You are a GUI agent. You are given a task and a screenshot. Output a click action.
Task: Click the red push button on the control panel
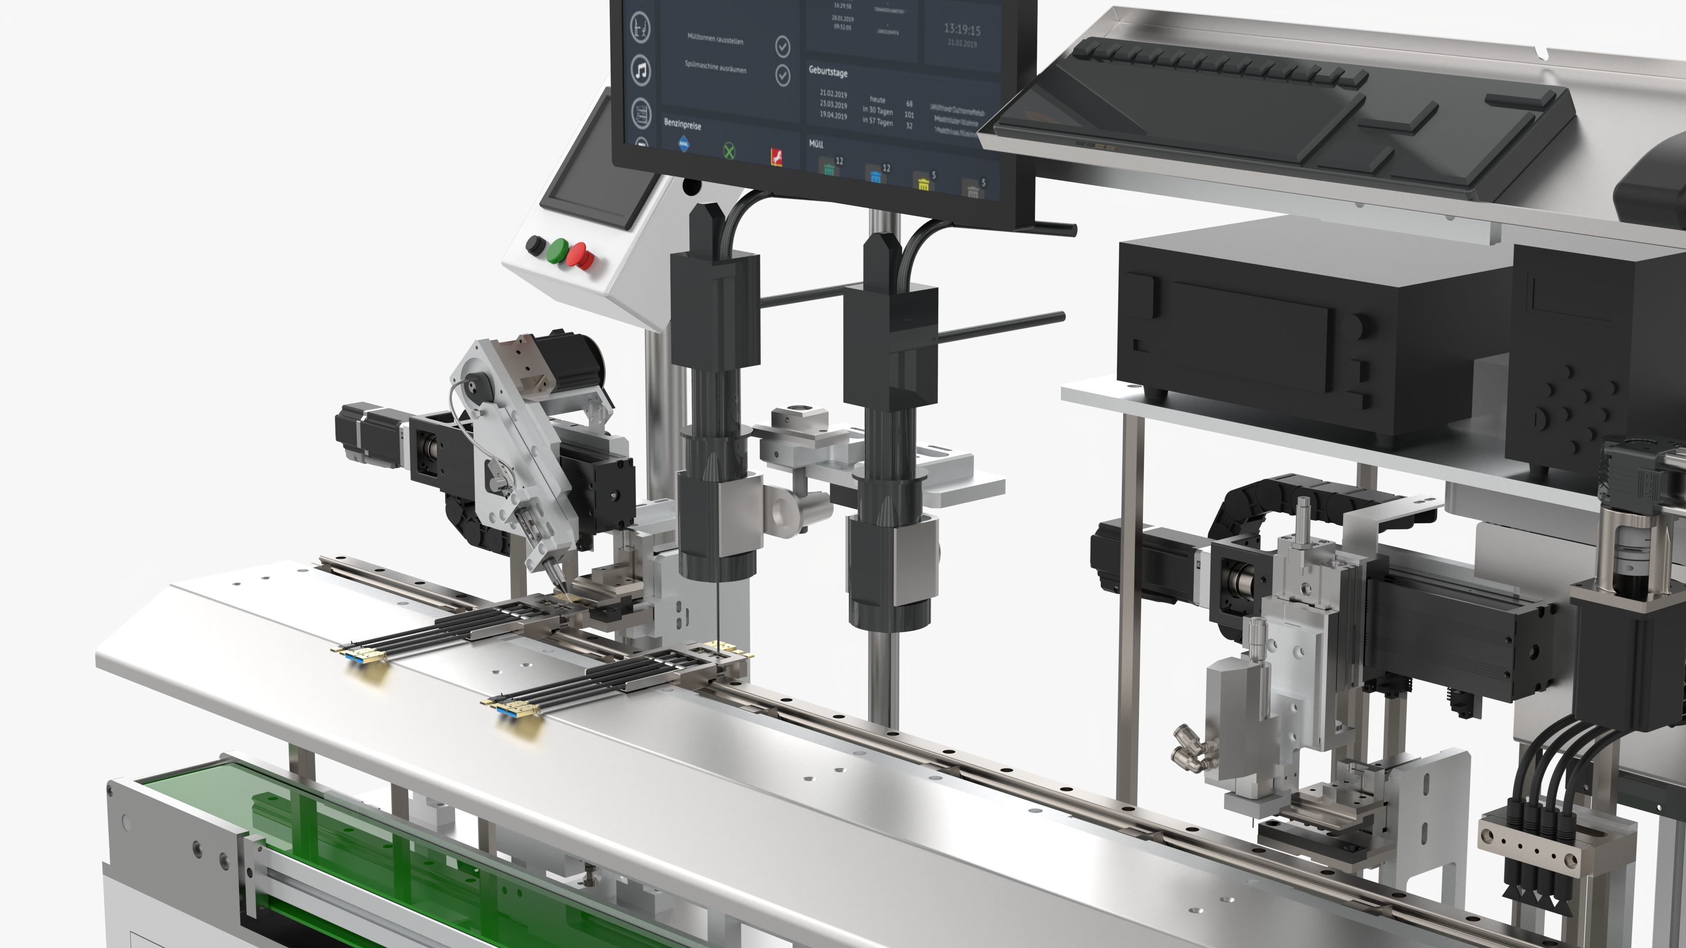pyautogui.click(x=579, y=255)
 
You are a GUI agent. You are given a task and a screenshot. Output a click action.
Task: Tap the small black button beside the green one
pyautogui.click(x=535, y=245)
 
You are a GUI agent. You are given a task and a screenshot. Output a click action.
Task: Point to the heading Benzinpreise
pyautogui.click(x=682, y=124)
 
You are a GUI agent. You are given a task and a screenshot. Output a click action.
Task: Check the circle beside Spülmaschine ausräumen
pyautogui.click(x=783, y=75)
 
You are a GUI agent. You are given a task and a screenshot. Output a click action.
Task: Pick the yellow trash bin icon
pyautogui.click(x=923, y=184)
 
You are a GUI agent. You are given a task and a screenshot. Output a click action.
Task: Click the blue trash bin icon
pyautogui.click(x=875, y=175)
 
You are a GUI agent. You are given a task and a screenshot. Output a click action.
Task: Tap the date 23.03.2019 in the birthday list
pyautogui.click(x=833, y=105)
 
